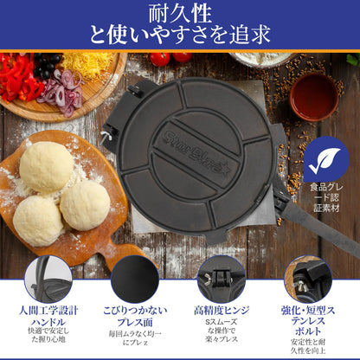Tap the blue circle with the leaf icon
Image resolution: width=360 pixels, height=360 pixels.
point(325,158)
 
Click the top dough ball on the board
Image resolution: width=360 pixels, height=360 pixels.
point(46,166)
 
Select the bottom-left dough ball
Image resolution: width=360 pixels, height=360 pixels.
point(37,220)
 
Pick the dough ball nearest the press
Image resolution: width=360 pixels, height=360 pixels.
point(85,205)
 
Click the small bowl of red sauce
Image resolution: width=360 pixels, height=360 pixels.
point(314,96)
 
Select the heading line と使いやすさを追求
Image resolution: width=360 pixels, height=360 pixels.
point(180,35)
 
